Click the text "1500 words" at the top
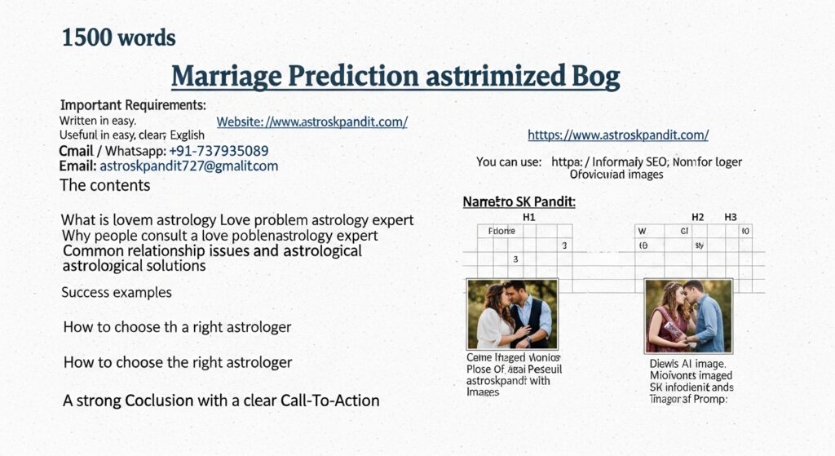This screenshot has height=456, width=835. (x=118, y=38)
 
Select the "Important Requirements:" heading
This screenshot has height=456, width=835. (x=133, y=105)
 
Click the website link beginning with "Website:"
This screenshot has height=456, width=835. (x=311, y=122)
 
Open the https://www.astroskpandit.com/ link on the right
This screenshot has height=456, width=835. (x=617, y=135)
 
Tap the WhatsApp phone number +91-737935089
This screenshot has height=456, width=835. (x=219, y=151)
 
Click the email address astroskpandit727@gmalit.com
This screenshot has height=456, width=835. (x=188, y=166)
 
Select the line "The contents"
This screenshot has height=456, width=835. (x=105, y=185)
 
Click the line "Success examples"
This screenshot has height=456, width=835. (x=117, y=292)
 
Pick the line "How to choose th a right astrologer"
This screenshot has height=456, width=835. (x=177, y=327)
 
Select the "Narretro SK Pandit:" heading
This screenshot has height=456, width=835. (x=519, y=201)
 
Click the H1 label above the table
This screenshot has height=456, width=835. (x=528, y=218)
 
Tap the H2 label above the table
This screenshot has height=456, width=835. (x=697, y=217)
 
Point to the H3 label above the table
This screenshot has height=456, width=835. (x=731, y=217)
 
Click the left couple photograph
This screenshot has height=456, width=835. (x=512, y=314)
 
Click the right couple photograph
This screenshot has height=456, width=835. (x=687, y=316)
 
